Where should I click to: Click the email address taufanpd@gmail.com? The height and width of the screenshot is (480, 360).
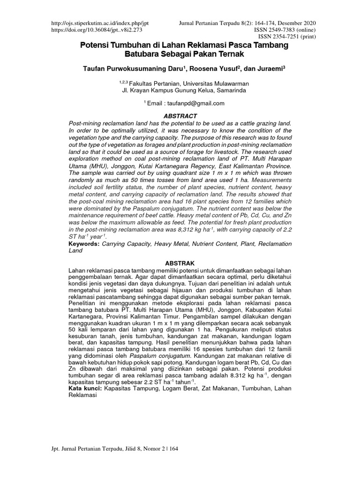(x=187, y=103)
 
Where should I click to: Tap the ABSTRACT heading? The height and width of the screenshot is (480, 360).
(x=180, y=116)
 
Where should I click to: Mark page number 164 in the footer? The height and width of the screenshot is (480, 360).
(x=173, y=449)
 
